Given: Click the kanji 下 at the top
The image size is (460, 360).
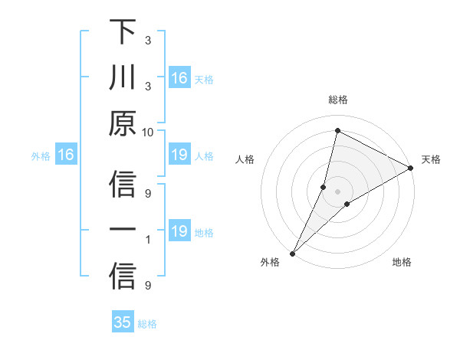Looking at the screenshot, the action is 123,33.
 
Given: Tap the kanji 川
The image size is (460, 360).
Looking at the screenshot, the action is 123,79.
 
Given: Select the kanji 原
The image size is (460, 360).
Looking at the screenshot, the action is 123,125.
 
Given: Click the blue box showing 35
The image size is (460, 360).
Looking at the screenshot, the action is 123,322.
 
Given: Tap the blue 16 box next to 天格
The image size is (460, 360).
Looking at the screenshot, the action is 179,77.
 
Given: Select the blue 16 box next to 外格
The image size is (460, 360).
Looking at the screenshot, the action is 66,155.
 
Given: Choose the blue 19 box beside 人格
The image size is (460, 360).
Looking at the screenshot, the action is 179,155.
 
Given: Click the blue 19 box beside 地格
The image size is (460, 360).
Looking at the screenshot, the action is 179,231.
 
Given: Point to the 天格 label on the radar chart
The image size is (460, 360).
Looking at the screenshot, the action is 431,159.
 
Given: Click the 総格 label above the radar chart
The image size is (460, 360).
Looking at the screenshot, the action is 338,100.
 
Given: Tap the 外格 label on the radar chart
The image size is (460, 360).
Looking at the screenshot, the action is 270,263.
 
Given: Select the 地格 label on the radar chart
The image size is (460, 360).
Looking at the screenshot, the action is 402,263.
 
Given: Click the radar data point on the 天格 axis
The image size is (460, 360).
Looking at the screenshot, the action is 411,169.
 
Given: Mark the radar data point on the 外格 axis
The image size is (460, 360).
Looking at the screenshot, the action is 293,253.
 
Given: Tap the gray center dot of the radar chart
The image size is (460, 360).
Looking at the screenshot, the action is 338,191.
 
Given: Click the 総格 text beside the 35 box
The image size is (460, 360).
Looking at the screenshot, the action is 147,324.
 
